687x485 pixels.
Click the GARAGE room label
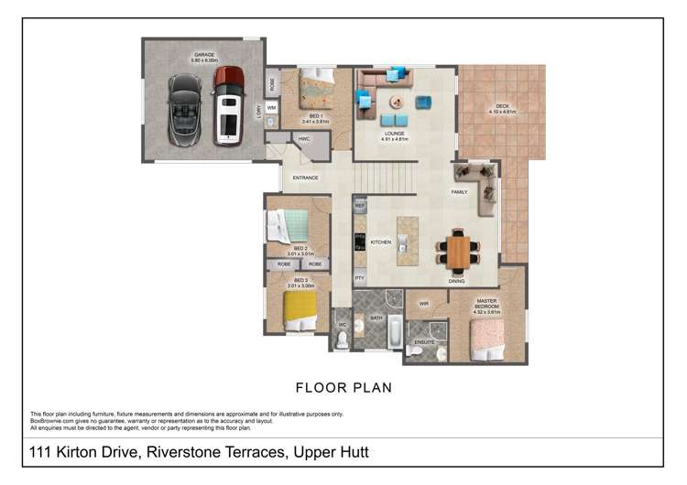pyautogui.click(x=202, y=55)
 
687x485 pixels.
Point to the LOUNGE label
pyautogui.click(x=394, y=134)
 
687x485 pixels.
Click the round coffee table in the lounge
pyautogui.click(x=396, y=101)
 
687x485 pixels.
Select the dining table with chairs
pyautogui.click(x=458, y=250)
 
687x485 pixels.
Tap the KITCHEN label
pyautogui.click(x=380, y=242)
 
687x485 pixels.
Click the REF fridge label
pyautogui.click(x=360, y=207)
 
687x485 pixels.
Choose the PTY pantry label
pyautogui.click(x=359, y=277)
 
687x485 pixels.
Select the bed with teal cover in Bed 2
pyautogui.click(x=291, y=225)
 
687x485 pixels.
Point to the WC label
pyautogui.click(x=342, y=323)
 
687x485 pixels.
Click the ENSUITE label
pyautogui.click(x=424, y=342)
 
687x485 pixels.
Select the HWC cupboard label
pyautogui.click(x=303, y=139)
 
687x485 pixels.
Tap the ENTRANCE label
pyautogui.click(x=305, y=178)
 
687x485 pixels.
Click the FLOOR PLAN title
pyautogui.click(x=343, y=388)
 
